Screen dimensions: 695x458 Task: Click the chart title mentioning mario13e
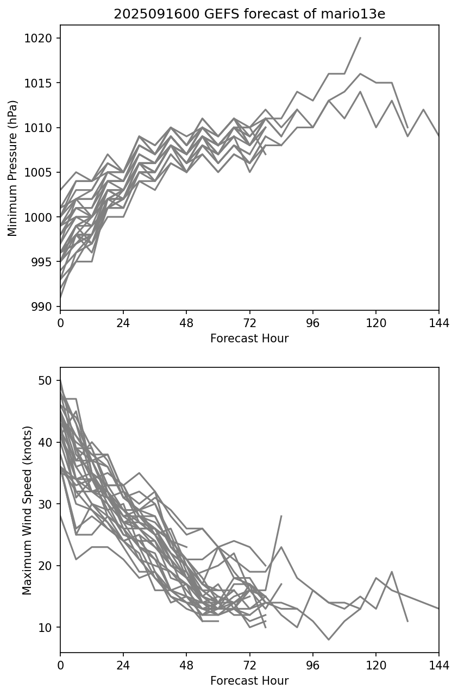[249, 14]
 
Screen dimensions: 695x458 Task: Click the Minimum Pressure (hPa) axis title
[13, 168]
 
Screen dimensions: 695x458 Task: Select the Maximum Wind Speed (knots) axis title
[27, 510]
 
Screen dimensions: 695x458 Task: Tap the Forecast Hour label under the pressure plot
[249, 339]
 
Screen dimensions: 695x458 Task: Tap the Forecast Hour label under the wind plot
[249, 681]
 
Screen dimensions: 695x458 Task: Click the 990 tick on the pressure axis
[46, 307]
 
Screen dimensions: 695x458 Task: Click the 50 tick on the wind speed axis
[49, 380]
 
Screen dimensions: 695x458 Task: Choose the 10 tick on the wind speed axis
[49, 628]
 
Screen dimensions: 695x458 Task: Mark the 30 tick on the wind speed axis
[49, 504]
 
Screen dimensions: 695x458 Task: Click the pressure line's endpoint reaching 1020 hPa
[360, 38]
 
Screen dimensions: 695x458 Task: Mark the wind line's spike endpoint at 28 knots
[281, 516]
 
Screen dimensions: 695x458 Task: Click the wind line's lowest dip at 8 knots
[328, 640]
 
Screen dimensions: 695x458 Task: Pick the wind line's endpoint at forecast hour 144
[438, 609]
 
